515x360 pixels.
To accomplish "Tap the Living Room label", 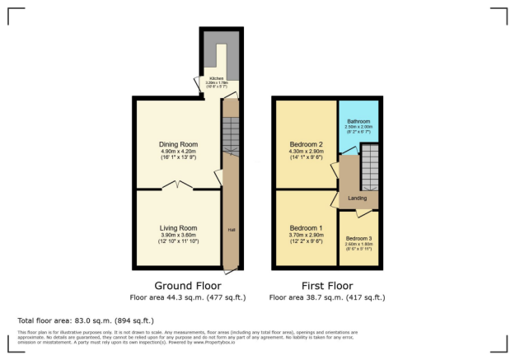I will [x=178, y=227].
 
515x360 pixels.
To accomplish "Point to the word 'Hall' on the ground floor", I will [x=230, y=231].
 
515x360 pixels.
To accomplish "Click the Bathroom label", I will [x=358, y=120].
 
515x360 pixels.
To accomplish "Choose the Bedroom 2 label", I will [x=306, y=145].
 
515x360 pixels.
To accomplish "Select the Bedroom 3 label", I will [x=358, y=239].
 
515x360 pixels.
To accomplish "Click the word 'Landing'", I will [x=357, y=198].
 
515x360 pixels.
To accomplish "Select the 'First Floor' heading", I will [x=326, y=286].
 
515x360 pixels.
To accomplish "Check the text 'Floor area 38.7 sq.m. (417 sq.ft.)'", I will [x=326, y=297].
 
